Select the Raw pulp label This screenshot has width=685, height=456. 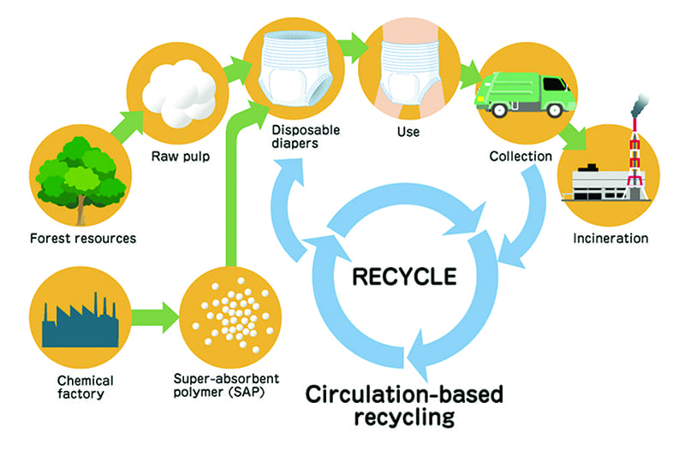[182, 157]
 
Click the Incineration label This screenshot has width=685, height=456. [611, 237]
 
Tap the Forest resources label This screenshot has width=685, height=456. [82, 237]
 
